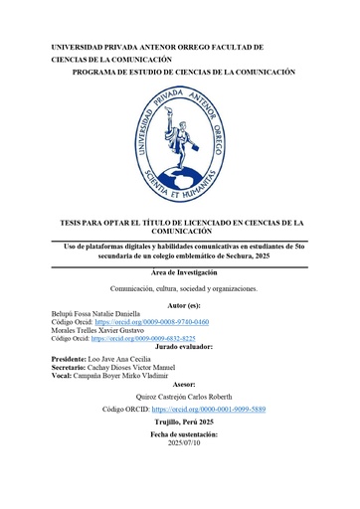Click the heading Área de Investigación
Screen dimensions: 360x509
pyautogui.click(x=179, y=272)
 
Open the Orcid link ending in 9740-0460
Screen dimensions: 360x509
pyautogui.click(x=151, y=322)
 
